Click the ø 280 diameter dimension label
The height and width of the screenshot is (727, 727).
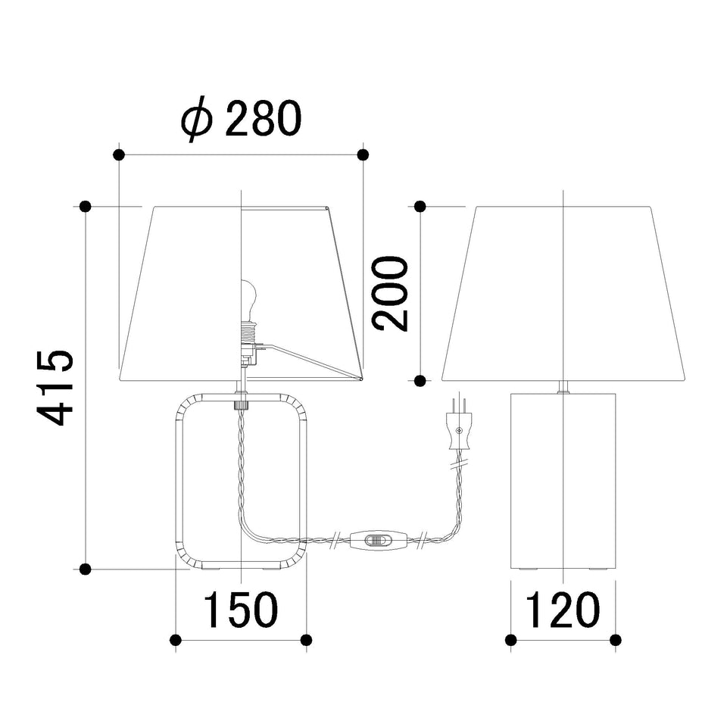click(241, 119)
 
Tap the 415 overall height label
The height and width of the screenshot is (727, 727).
click(55, 388)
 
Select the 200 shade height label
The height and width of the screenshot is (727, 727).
click(391, 294)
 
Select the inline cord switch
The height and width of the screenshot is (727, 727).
click(378, 539)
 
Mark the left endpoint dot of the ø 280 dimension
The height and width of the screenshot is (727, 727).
click(119, 154)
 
